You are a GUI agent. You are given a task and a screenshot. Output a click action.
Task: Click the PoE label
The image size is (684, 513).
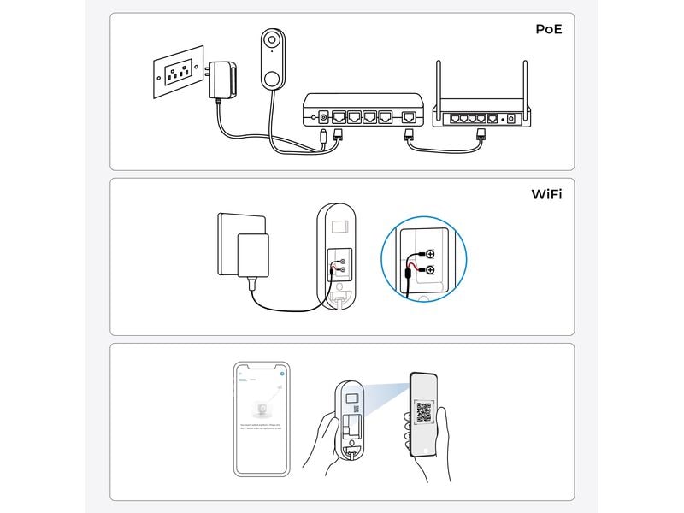coord(549,29)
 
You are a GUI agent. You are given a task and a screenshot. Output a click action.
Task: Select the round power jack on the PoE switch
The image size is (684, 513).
coord(322,115)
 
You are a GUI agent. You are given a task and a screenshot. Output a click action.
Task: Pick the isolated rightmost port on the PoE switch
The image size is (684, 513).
coord(411,115)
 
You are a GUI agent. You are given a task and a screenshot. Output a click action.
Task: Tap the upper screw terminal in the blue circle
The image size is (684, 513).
coord(429,254)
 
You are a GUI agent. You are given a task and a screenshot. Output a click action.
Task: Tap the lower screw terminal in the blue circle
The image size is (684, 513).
coord(429,270)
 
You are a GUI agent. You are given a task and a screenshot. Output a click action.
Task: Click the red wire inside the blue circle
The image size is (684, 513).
coord(415,268)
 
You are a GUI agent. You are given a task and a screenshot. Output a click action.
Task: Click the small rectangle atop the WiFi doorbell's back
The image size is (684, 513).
coord(339,227)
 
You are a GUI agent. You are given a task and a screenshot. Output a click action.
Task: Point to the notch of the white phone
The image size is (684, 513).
coord(262,365)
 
